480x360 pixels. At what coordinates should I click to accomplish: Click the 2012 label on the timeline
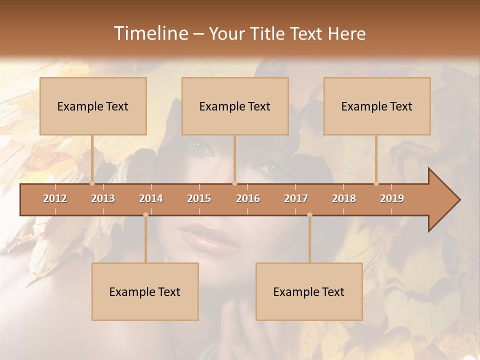click(x=55, y=198)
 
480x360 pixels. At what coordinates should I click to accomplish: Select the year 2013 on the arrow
click(x=103, y=198)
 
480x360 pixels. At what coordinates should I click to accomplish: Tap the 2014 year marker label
click(x=151, y=198)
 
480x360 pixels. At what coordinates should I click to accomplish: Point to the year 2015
click(x=199, y=198)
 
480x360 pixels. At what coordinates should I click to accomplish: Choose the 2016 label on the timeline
click(x=248, y=198)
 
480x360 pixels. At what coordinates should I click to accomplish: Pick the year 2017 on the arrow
click(x=296, y=198)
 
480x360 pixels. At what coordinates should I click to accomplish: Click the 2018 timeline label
click(x=344, y=198)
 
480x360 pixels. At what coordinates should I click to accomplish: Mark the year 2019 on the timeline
click(x=392, y=198)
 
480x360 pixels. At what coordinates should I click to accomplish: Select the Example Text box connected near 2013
click(x=93, y=106)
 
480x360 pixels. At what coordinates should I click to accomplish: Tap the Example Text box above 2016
click(x=235, y=106)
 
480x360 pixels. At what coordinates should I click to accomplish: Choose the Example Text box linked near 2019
click(x=377, y=106)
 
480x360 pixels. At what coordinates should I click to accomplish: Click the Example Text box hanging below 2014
click(x=145, y=291)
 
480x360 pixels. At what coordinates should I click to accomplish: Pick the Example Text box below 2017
click(x=309, y=291)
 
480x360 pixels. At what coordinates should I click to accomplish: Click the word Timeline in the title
click(x=149, y=33)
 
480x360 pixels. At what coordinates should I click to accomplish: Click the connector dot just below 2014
click(x=145, y=215)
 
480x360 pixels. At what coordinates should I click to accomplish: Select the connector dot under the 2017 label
click(x=309, y=215)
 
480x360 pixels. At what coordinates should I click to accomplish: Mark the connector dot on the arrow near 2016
click(x=234, y=183)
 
